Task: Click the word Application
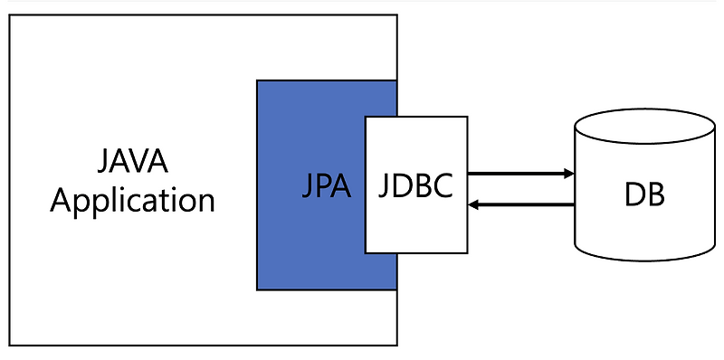[x=132, y=199]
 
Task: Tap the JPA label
[x=326, y=188]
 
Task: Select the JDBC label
[x=415, y=188]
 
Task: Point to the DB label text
[x=643, y=194]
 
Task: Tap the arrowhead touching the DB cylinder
[x=568, y=173]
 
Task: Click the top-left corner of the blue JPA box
[x=258, y=81]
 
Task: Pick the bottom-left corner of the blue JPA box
[x=258, y=289]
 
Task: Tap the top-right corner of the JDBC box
[x=467, y=117]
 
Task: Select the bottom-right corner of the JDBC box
[x=467, y=252]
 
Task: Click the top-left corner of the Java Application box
[x=10, y=15]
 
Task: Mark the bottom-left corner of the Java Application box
[x=10, y=345]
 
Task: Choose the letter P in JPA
[x=324, y=188]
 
